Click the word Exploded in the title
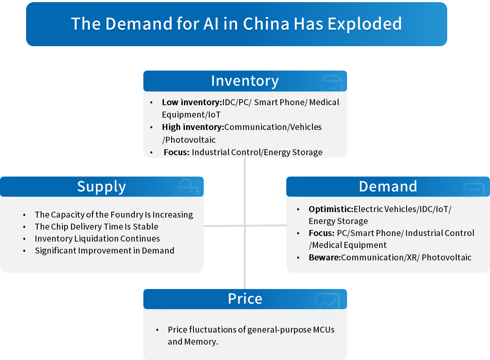(365, 24)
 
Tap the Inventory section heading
(245, 81)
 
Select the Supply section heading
(101, 187)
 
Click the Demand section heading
(388, 186)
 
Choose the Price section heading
(245, 298)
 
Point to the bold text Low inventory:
(192, 102)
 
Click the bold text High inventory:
(193, 127)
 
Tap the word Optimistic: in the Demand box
(331, 209)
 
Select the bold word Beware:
(325, 257)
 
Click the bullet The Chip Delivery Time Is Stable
(97, 226)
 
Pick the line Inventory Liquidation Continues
(97, 239)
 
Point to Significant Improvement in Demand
(104, 251)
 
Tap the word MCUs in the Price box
(324, 330)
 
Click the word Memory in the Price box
(201, 342)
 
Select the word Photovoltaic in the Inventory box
(190, 139)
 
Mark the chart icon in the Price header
(327, 305)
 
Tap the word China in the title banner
(266, 24)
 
